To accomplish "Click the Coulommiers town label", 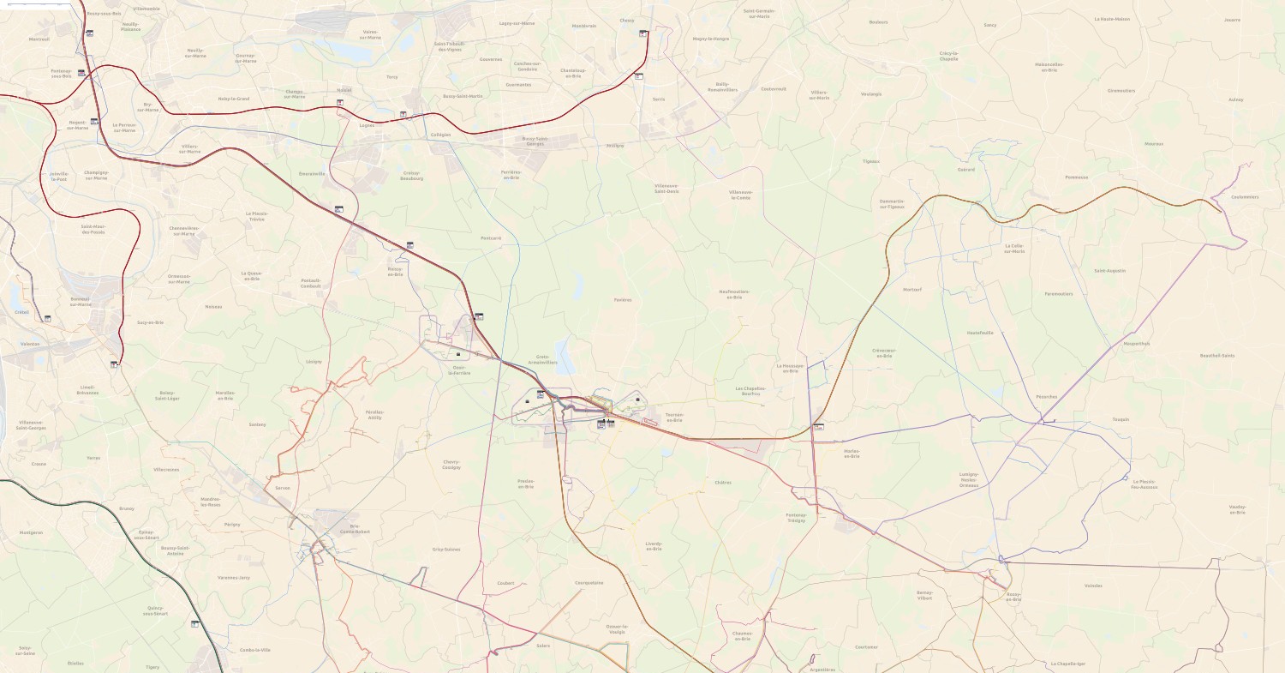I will point(1244,197).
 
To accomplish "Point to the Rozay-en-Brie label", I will point(1013,597).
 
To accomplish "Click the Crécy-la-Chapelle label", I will point(948,56).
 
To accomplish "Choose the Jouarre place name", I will point(1232,19).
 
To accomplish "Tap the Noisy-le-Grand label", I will point(233,99).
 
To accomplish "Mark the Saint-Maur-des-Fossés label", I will point(93,229).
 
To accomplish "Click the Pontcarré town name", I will point(491,237).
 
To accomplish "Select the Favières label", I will point(622,300).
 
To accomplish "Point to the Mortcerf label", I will point(912,290).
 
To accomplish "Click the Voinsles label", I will point(1093,586).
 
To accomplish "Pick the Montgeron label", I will point(31,532).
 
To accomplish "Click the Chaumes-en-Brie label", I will point(742,636).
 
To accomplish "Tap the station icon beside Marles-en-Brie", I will point(818,426).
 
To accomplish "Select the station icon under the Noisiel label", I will point(340,103).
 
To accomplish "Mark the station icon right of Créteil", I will point(47,318).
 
